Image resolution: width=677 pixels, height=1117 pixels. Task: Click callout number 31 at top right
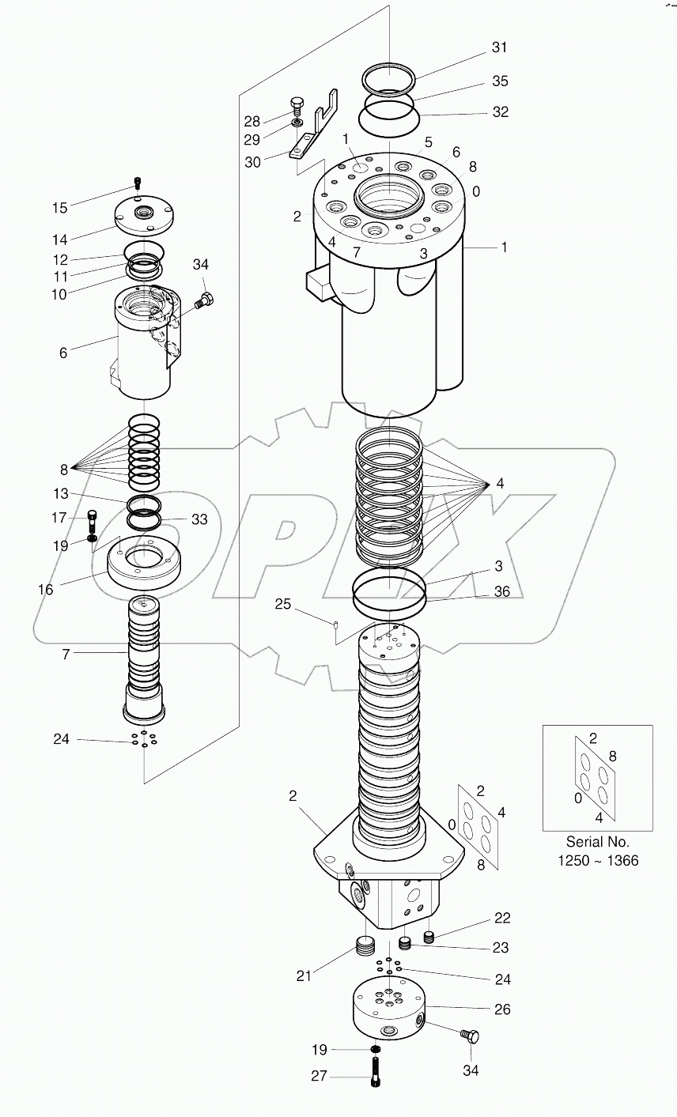pyautogui.click(x=499, y=47)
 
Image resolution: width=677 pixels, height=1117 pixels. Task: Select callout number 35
pyautogui.click(x=499, y=81)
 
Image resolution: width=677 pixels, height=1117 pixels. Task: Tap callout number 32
pyautogui.click(x=499, y=112)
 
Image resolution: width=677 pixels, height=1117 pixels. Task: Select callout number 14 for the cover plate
pyautogui.click(x=60, y=239)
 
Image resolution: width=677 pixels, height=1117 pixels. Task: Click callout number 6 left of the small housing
pyautogui.click(x=63, y=353)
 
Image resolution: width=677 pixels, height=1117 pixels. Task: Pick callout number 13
pyautogui.click(x=60, y=493)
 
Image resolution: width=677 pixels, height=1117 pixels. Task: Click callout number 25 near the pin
pyautogui.click(x=283, y=605)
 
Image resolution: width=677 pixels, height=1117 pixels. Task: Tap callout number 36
pyautogui.click(x=501, y=591)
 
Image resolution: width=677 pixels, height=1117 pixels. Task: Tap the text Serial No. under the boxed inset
pyautogui.click(x=597, y=843)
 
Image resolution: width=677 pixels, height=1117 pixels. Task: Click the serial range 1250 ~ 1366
pyautogui.click(x=597, y=861)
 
